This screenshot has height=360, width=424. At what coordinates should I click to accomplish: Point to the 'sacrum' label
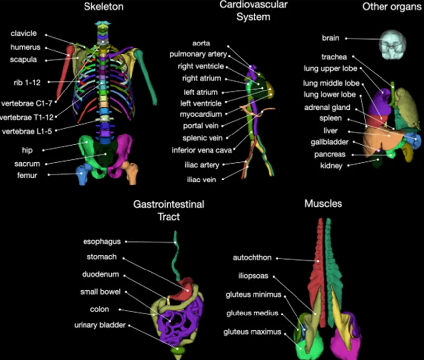click(27, 164)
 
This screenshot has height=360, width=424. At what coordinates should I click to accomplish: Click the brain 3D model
click(391, 42)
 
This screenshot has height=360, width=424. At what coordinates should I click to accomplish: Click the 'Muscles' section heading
click(323, 204)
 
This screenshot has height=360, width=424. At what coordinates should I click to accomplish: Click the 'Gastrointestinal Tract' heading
click(169, 210)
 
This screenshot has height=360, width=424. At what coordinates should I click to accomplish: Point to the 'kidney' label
click(331, 166)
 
